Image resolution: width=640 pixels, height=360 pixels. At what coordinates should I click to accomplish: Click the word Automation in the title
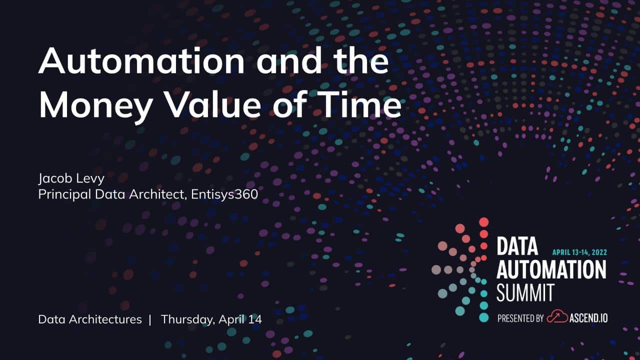[x=141, y=61]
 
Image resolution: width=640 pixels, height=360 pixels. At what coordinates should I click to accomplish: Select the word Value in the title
[x=213, y=104]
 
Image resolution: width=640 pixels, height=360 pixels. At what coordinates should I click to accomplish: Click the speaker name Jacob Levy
[x=71, y=179]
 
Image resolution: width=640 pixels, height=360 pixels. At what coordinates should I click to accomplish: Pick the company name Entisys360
[x=224, y=194]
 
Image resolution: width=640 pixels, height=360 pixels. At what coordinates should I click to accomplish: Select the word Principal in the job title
[x=64, y=195]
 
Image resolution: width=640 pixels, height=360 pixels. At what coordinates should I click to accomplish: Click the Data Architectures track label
[x=90, y=319]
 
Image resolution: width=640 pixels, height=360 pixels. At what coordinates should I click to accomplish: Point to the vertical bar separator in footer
[x=150, y=319]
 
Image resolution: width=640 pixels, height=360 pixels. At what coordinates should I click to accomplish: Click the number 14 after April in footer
[x=255, y=319]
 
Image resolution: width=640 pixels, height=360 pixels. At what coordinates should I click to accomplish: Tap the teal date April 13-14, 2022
[x=579, y=252]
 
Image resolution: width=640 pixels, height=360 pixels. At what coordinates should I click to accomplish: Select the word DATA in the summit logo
[x=517, y=246]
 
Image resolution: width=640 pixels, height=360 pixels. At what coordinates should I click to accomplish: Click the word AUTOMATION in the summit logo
[x=551, y=269]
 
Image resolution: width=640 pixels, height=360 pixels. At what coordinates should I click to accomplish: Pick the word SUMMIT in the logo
[x=525, y=292]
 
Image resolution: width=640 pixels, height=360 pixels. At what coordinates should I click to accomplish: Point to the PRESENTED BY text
[x=520, y=318]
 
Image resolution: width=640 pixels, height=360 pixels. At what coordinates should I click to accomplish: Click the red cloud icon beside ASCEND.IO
[x=557, y=316]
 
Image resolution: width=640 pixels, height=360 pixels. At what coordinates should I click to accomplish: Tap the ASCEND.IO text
[x=588, y=318]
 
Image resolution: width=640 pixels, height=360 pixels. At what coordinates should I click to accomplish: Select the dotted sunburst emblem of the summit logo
[x=460, y=269]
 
